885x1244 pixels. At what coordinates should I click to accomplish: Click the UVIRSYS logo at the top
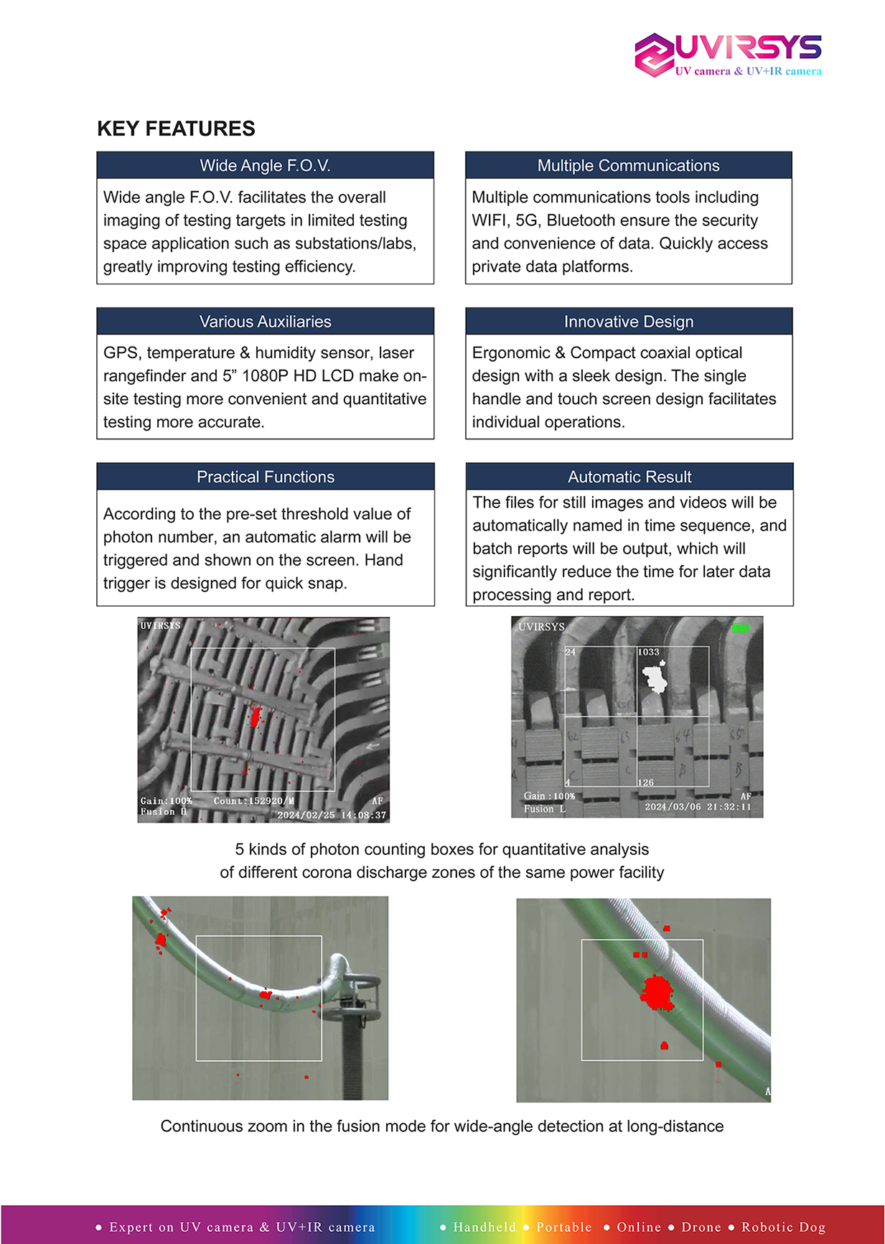pyautogui.click(x=728, y=54)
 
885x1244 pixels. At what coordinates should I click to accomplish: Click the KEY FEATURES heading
pyautogui.click(x=176, y=128)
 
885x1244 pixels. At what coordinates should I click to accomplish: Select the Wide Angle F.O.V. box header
pyautogui.click(x=265, y=166)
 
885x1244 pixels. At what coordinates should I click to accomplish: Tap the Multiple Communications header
pyautogui.click(x=628, y=166)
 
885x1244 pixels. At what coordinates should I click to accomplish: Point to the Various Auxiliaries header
pyautogui.click(x=265, y=322)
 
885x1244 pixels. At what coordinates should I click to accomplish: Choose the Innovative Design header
pyautogui.click(x=629, y=322)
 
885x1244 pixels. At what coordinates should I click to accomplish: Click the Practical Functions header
pyautogui.click(x=266, y=477)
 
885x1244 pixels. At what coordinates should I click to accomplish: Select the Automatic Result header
pyautogui.click(x=629, y=477)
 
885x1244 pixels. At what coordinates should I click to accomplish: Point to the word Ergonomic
pyautogui.click(x=509, y=353)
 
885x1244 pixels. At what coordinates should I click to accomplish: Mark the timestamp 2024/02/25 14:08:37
pyautogui.click(x=332, y=815)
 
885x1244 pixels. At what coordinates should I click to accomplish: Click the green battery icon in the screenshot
pyautogui.click(x=740, y=628)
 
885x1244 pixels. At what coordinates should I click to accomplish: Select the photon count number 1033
pyautogui.click(x=648, y=652)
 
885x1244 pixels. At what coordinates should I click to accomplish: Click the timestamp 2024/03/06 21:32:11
pyautogui.click(x=698, y=807)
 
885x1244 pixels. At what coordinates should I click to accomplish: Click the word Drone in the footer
pyautogui.click(x=701, y=1227)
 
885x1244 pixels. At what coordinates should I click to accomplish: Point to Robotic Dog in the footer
pyautogui.click(x=783, y=1227)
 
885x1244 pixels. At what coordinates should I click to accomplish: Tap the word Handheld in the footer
pyautogui.click(x=484, y=1227)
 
